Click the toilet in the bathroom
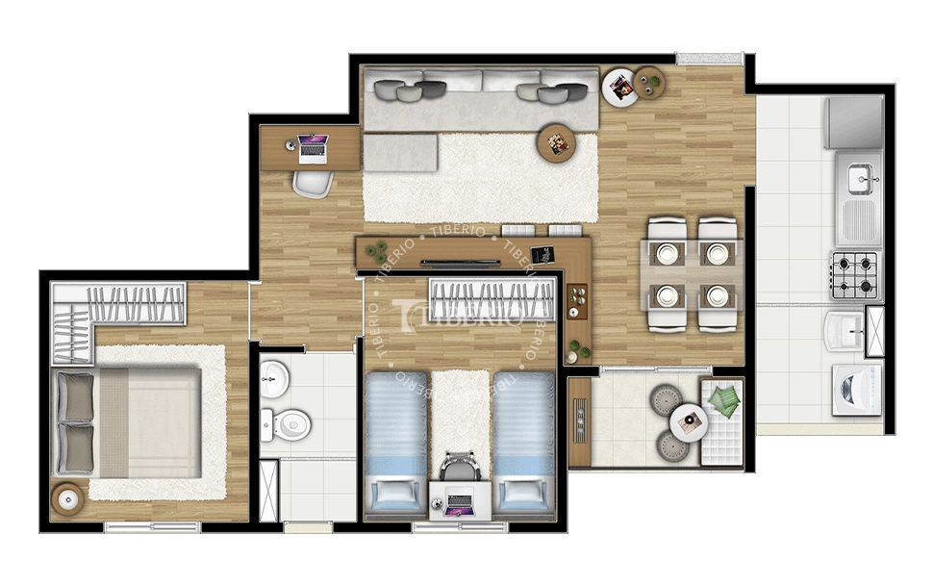290,420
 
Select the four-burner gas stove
855,273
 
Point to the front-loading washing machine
855,389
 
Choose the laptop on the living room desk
313,147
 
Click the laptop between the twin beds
459,501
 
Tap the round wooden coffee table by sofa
556,142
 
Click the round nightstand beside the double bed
68,498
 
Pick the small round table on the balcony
689,420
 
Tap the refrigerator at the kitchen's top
854,122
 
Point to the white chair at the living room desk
313,181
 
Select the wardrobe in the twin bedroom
492,299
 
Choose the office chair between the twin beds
459,467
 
